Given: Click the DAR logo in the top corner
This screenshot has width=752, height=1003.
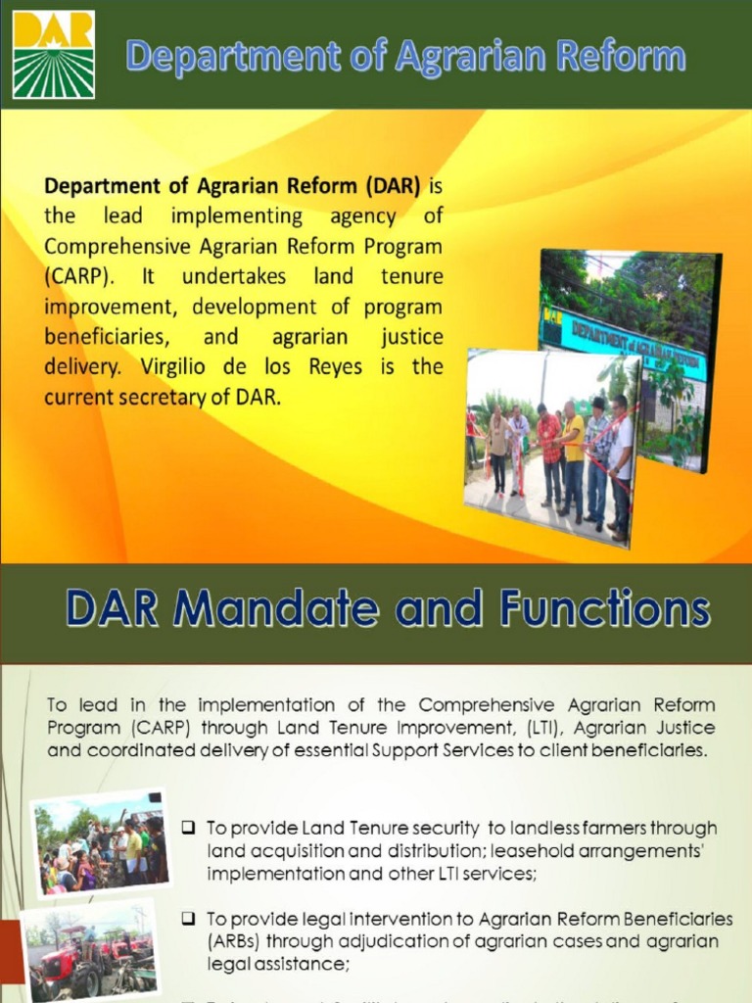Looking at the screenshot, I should [x=54, y=55].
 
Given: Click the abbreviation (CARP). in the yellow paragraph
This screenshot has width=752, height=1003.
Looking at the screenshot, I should [x=82, y=276].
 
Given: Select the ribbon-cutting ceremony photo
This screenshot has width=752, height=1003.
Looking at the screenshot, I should [x=550, y=446].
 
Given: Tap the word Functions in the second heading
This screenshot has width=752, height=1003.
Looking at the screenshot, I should [x=602, y=610].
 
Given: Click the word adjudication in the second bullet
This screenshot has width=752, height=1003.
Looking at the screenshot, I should [x=375, y=941].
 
